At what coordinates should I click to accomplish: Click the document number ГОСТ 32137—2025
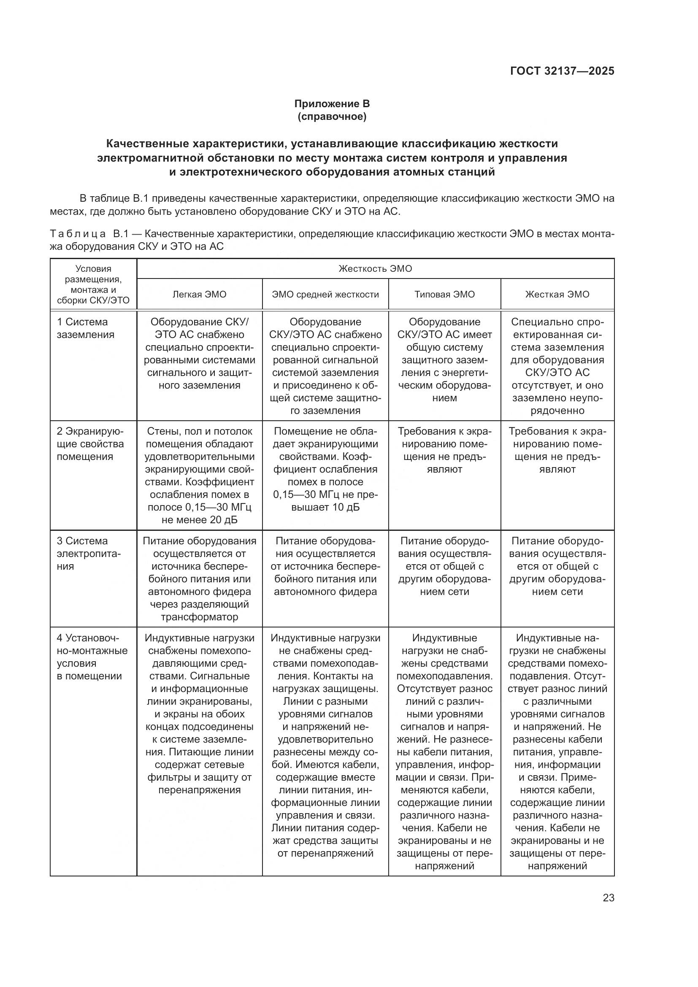point(562,71)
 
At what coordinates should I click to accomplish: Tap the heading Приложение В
point(332,104)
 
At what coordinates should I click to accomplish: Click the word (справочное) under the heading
point(332,116)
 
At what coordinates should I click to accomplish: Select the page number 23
point(608,898)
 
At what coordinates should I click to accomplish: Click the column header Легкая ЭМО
point(200,295)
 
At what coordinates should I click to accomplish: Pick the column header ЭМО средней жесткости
point(325,295)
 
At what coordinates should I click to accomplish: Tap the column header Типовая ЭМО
point(444,295)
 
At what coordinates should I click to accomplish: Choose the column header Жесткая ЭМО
point(557,295)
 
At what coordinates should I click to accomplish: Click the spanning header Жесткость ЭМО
point(375,269)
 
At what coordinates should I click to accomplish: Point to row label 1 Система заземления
point(86,328)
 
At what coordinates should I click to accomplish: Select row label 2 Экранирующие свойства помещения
point(90,443)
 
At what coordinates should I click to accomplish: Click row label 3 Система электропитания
point(89,553)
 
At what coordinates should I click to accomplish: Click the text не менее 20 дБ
point(200,520)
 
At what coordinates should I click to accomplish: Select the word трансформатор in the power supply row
point(200,617)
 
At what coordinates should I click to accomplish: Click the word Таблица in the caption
point(78,234)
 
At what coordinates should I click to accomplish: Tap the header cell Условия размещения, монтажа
point(93,284)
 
